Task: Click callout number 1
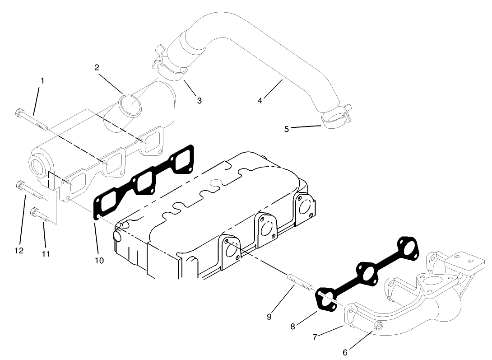[x=42, y=80]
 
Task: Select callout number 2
[x=97, y=67]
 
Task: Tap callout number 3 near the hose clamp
[x=199, y=101]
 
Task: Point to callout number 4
[x=260, y=101]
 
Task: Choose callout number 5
[x=286, y=129]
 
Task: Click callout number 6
[x=345, y=352]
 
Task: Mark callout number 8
[x=292, y=327]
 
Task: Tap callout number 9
[x=269, y=317]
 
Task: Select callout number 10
[x=99, y=260]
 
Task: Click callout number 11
[x=46, y=254]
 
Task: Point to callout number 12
[x=19, y=251]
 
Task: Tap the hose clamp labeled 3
[x=170, y=67]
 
